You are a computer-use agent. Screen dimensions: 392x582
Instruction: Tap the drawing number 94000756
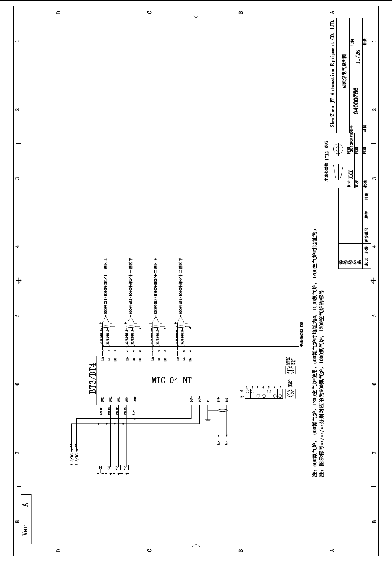356,101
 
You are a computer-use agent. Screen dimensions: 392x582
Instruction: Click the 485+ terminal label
218,400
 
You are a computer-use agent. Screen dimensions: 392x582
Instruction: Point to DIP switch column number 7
280,387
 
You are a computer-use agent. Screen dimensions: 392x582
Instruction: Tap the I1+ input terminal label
103,359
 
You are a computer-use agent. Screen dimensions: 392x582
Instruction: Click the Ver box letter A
26,504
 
